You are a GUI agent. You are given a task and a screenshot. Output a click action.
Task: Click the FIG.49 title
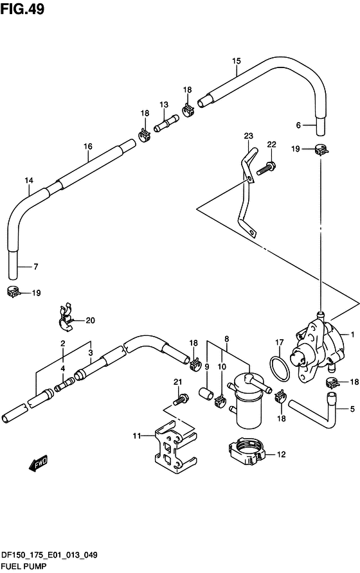[22, 9]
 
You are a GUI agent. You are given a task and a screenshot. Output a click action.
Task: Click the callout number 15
[237, 61]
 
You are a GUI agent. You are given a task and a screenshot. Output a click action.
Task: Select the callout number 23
[248, 136]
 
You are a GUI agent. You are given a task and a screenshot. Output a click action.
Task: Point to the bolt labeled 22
[266, 168]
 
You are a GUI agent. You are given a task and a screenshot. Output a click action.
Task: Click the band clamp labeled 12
[246, 452]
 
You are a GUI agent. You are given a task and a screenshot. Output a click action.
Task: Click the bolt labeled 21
[180, 400]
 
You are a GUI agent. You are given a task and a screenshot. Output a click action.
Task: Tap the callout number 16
[88, 146]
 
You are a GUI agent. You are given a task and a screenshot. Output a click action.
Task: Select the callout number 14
[29, 180]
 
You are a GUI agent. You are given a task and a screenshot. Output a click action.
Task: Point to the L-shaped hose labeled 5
[314, 411]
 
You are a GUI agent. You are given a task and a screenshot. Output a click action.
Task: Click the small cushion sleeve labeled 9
[206, 394]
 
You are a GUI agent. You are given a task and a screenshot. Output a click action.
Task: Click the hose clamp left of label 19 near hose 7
[13, 292]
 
